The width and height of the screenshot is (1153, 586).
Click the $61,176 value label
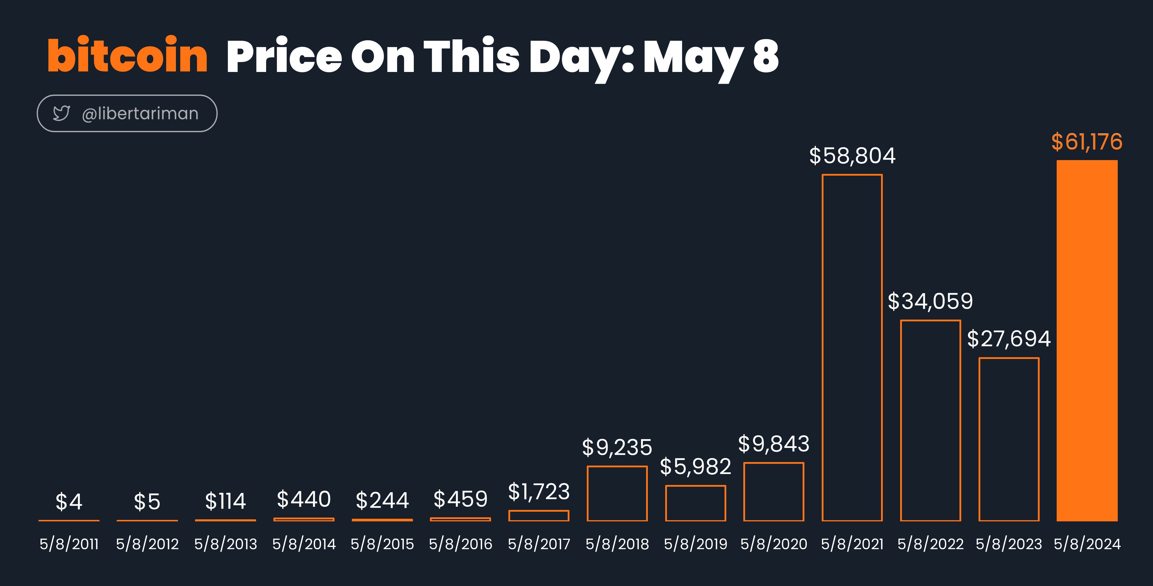click(1087, 142)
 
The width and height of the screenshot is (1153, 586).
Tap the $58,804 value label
click(852, 156)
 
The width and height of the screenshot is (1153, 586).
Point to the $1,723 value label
click(539, 492)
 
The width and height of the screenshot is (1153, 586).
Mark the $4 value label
click(69, 501)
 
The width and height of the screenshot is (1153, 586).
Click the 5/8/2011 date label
click(69, 544)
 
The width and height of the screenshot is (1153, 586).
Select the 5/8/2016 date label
click(460, 544)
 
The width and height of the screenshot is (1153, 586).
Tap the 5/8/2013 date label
click(226, 544)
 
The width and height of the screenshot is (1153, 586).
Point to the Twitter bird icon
click(61, 113)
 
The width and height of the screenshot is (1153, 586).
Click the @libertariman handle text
click(140, 114)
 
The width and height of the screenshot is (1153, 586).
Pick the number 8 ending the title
click(766, 56)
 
